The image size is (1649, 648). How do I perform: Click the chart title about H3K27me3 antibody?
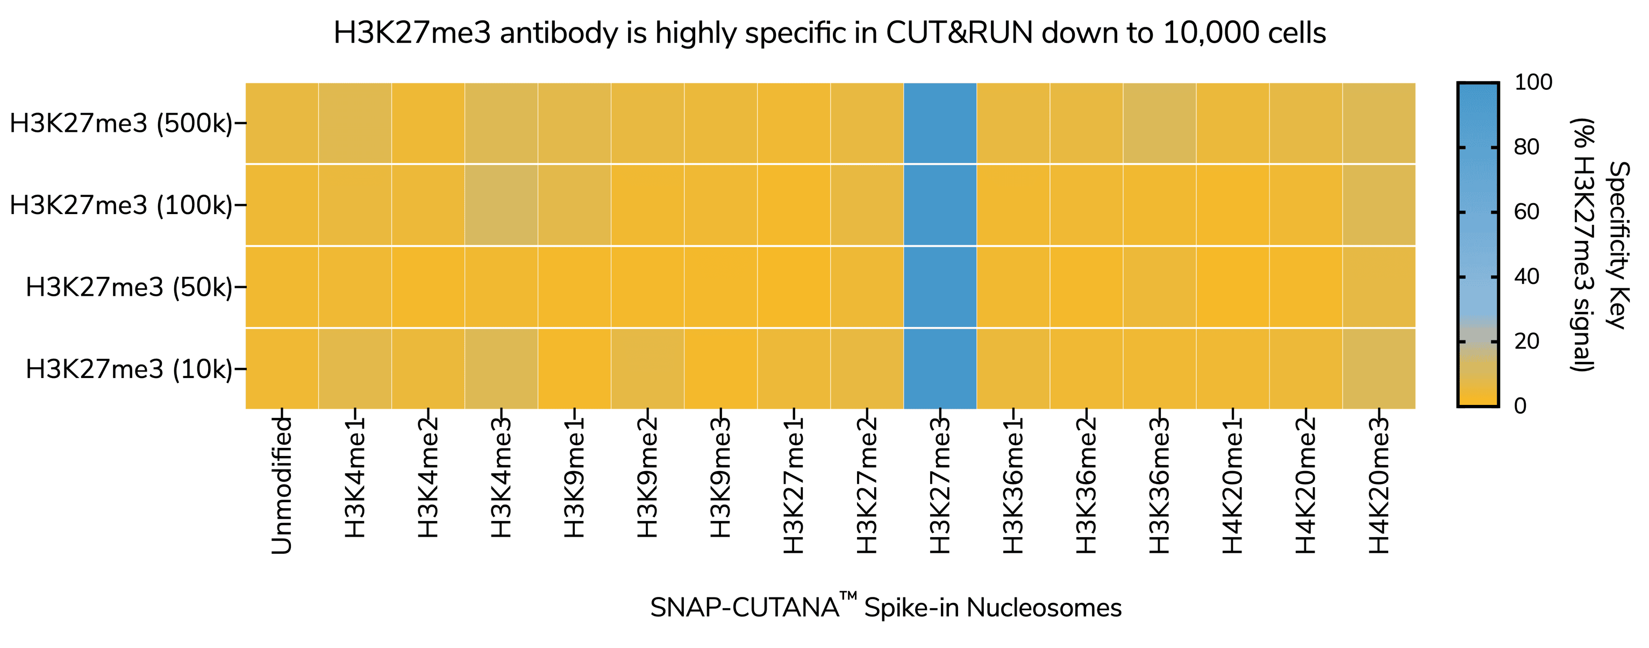click(x=829, y=33)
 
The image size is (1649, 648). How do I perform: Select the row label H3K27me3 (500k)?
click(x=121, y=123)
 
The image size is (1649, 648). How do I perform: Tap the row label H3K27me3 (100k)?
click(x=121, y=205)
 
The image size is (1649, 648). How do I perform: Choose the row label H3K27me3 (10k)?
click(x=129, y=369)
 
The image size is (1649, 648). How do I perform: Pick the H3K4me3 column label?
click(x=501, y=477)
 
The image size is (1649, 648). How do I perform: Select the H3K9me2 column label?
click(x=647, y=477)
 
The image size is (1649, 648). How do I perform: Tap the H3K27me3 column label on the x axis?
click(x=940, y=485)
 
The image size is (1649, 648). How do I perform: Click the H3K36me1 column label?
click(x=1013, y=485)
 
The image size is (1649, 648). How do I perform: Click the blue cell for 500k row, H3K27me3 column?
click(x=940, y=123)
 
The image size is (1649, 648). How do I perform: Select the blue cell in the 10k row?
click(x=940, y=369)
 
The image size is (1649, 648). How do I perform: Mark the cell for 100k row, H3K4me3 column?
click(x=501, y=205)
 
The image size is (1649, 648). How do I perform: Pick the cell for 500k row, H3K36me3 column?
click(x=1159, y=123)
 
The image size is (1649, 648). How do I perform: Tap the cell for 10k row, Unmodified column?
click(x=282, y=369)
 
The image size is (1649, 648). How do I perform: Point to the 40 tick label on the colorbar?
click(x=1527, y=276)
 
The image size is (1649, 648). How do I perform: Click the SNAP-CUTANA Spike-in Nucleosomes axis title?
click(x=886, y=607)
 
